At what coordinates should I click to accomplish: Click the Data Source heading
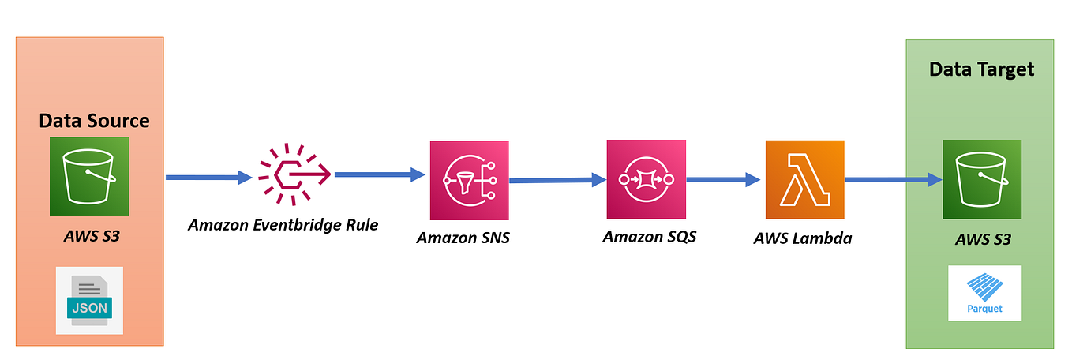94,121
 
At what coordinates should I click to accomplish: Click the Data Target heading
980,69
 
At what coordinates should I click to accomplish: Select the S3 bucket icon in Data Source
89,177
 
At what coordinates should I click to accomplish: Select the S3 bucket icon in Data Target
982,180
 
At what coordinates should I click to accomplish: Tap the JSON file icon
89,300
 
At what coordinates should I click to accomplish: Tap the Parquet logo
984,293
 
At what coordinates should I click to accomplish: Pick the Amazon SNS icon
469,180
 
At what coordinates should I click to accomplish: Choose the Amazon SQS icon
646,179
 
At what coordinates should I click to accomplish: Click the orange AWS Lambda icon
804,180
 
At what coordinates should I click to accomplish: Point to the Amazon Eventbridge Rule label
283,225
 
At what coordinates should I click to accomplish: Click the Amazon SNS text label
463,238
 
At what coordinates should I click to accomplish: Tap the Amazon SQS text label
649,236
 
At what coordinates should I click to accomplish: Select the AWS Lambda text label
803,238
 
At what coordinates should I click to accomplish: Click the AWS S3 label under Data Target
982,238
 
